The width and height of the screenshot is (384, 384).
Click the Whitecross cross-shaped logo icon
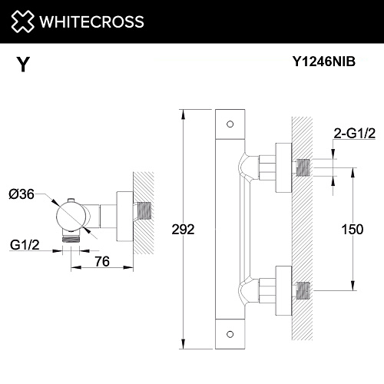click(x=22, y=22)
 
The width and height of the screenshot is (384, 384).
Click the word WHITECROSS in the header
click(x=92, y=22)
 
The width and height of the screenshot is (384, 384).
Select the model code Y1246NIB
click(x=324, y=61)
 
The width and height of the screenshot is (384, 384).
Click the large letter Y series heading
click(x=23, y=65)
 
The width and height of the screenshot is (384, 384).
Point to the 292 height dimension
click(x=183, y=229)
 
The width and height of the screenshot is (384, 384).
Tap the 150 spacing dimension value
click(x=353, y=229)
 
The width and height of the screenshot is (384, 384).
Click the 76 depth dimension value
click(x=102, y=261)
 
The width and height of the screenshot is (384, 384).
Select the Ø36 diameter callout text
click(x=22, y=194)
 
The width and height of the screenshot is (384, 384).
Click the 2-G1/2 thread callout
click(x=355, y=134)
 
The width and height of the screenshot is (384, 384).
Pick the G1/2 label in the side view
click(x=25, y=245)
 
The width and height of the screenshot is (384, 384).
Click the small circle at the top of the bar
click(x=230, y=124)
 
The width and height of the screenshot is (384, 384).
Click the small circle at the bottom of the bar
click(x=230, y=334)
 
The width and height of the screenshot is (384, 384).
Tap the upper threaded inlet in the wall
click(x=303, y=167)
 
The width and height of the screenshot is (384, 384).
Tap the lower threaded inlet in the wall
click(x=303, y=290)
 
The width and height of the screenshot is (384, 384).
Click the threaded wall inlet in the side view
click(x=144, y=211)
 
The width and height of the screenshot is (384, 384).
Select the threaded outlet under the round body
click(x=71, y=240)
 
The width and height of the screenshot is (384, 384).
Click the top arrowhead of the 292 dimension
click(x=183, y=114)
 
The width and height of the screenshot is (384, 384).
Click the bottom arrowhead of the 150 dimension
click(x=353, y=286)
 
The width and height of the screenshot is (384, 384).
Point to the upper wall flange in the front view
click(x=283, y=167)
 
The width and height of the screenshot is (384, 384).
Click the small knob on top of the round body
click(x=71, y=200)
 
